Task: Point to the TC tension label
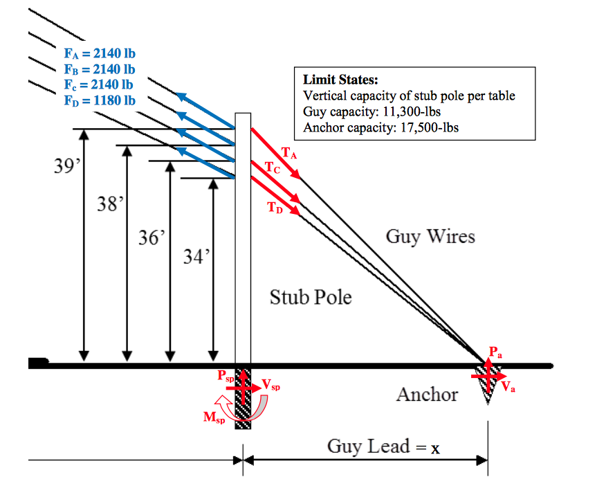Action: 273,168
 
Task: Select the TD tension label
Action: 275,206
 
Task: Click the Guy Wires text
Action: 430,237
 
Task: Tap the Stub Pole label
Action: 311,298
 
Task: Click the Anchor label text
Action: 427,395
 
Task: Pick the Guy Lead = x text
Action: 383,447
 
